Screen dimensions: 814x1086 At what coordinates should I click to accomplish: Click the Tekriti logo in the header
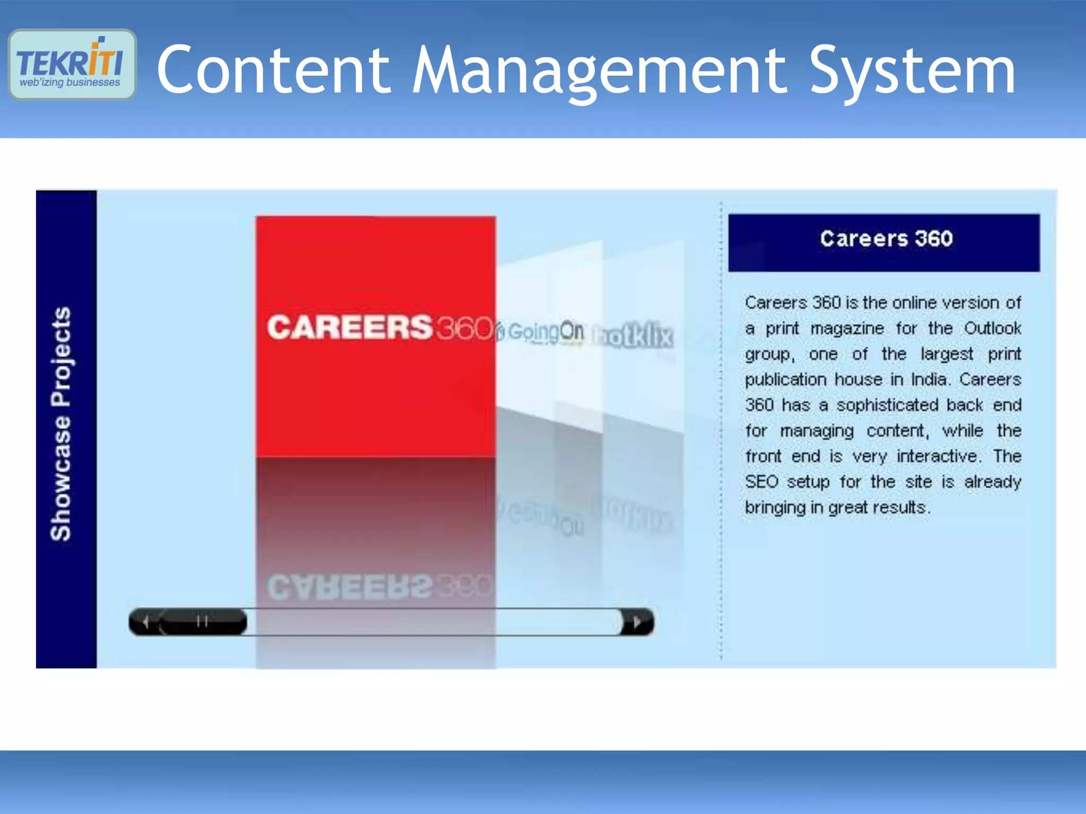pyautogui.click(x=72, y=64)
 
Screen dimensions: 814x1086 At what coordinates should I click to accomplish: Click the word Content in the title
pyautogui.click(x=274, y=70)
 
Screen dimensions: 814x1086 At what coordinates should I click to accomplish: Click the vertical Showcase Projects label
pyautogui.click(x=60, y=423)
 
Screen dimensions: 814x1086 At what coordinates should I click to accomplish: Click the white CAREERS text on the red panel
pyautogui.click(x=350, y=327)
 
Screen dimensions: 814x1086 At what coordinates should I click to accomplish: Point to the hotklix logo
pyautogui.click(x=634, y=336)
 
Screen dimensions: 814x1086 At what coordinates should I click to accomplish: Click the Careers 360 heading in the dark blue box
pyautogui.click(x=886, y=239)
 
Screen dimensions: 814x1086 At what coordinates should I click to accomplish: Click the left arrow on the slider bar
pyautogui.click(x=146, y=622)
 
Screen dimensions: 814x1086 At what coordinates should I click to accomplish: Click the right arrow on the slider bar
pyautogui.click(x=637, y=622)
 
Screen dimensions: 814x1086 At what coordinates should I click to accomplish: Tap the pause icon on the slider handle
pyautogui.click(x=202, y=621)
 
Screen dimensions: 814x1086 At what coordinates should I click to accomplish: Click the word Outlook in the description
pyautogui.click(x=992, y=329)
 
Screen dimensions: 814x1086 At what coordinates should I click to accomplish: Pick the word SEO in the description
pyautogui.click(x=761, y=482)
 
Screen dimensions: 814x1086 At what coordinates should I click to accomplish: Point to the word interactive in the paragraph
pyautogui.click(x=937, y=456)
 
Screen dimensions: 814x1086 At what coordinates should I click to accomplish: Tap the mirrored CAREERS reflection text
pyautogui.click(x=350, y=587)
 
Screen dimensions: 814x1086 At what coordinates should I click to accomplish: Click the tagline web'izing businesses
pyautogui.click(x=70, y=83)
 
